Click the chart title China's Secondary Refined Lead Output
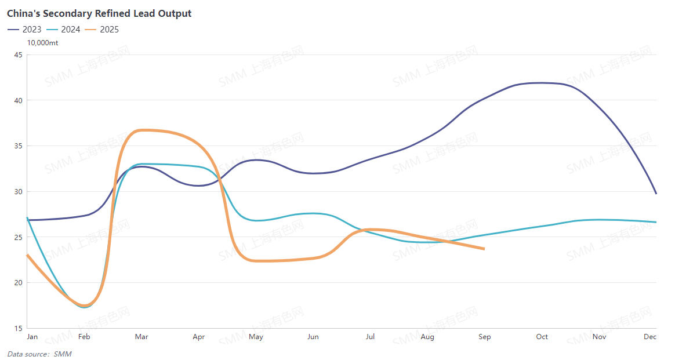99,13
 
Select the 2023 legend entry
24,29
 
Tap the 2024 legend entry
63,29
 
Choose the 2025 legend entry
101,29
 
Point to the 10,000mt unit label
43,42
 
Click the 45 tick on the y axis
18,55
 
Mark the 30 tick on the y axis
18,191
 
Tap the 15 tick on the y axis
18,328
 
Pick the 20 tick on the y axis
18,282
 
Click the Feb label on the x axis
84,337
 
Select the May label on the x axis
256,337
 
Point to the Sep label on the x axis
485,337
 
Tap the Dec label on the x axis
650,337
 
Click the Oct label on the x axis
542,337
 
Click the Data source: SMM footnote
39,354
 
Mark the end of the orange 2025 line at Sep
484,249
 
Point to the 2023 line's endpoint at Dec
656,193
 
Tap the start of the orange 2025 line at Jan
28,255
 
